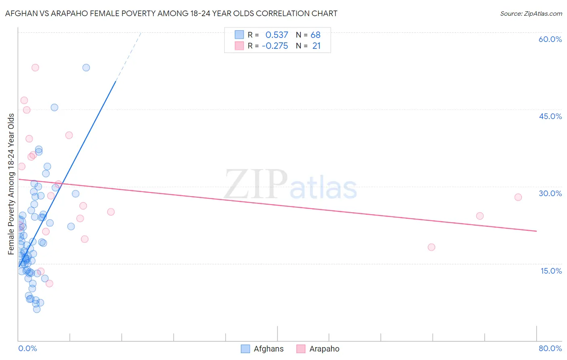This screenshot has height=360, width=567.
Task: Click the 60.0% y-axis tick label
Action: [x=550, y=39]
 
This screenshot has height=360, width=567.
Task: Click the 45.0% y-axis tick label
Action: [x=550, y=116]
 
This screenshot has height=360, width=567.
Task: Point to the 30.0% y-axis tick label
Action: [x=550, y=193]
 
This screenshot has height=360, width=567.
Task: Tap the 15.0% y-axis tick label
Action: [x=551, y=271]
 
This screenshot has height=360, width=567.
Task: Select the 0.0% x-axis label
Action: [x=27, y=348]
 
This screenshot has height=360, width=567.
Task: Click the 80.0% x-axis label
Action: [x=550, y=348]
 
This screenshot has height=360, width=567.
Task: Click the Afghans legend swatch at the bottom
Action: [x=245, y=349]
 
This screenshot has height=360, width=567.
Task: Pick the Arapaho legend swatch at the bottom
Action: [x=301, y=349]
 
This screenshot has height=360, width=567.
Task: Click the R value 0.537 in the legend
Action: [x=277, y=35]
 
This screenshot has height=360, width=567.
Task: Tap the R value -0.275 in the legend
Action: [x=275, y=46]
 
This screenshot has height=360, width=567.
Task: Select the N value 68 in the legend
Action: [x=315, y=35]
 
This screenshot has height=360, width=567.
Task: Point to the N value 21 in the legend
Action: [x=316, y=46]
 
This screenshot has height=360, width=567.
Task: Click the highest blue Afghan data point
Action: [x=86, y=67]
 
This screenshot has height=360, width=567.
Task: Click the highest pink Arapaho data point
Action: [x=35, y=67]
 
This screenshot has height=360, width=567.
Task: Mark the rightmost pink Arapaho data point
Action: [x=518, y=197]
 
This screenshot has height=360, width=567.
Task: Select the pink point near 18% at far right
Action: [x=432, y=247]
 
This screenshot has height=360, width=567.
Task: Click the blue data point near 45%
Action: [x=54, y=107]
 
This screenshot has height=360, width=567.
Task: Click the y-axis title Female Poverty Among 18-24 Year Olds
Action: [x=11, y=184]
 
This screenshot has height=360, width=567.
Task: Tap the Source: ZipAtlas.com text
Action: [x=531, y=14]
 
